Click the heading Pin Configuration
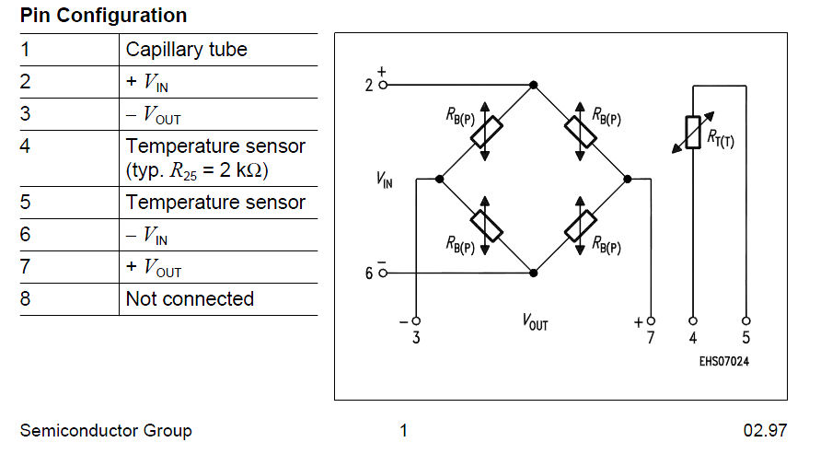[103, 16]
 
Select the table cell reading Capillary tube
[187, 50]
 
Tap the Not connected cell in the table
[190, 299]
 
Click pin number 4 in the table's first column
[26, 146]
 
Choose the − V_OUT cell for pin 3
[154, 114]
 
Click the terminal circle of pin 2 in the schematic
[383, 85]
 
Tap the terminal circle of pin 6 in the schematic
[383, 274]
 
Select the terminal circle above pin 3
[416, 321]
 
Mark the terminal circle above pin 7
[651, 321]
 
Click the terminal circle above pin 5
[745, 321]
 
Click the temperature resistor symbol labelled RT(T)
[691, 134]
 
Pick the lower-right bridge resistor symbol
[581, 225]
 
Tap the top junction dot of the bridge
[533, 85]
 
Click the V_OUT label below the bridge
[535, 322]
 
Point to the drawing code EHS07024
[723, 362]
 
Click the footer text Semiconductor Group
[106, 430]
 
